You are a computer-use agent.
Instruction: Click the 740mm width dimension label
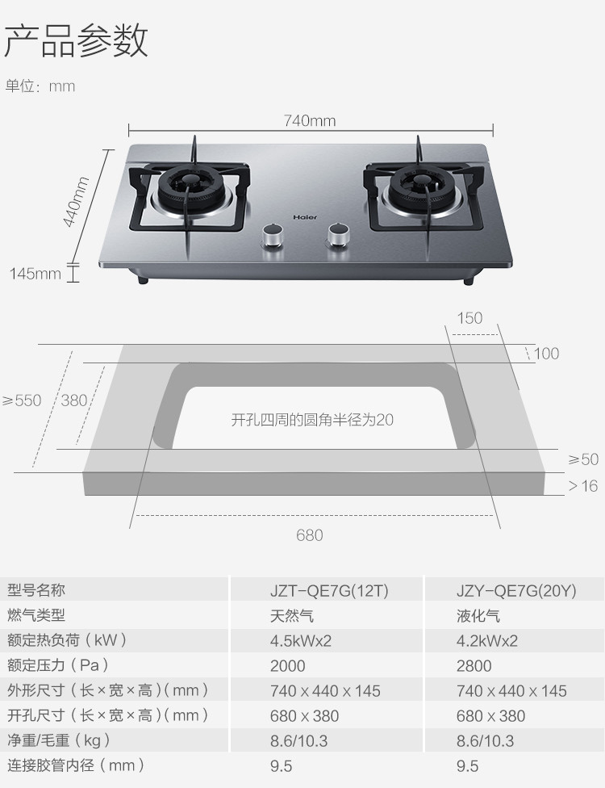point(309,120)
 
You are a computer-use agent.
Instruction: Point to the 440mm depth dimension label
point(76,202)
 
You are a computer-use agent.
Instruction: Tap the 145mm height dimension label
point(35,274)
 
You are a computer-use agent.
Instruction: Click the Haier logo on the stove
point(305,217)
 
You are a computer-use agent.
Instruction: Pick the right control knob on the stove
point(339,235)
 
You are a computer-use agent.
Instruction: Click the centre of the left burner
point(190,188)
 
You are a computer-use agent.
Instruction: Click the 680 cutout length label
point(309,534)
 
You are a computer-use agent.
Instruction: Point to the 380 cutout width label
point(74,400)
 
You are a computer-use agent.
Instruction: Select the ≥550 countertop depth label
point(22,400)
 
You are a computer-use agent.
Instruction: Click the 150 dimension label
point(469,318)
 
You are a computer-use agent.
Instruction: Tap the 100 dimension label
point(546,354)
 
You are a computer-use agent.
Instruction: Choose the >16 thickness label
point(583,485)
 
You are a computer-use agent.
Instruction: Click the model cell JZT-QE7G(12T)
point(329,590)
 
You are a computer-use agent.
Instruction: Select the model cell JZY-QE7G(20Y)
point(516,590)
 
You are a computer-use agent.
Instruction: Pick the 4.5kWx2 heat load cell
point(301,641)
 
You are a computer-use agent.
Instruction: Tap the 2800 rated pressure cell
point(474,666)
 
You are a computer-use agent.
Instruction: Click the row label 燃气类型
point(36,614)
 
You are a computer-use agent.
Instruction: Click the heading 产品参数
point(77,40)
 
